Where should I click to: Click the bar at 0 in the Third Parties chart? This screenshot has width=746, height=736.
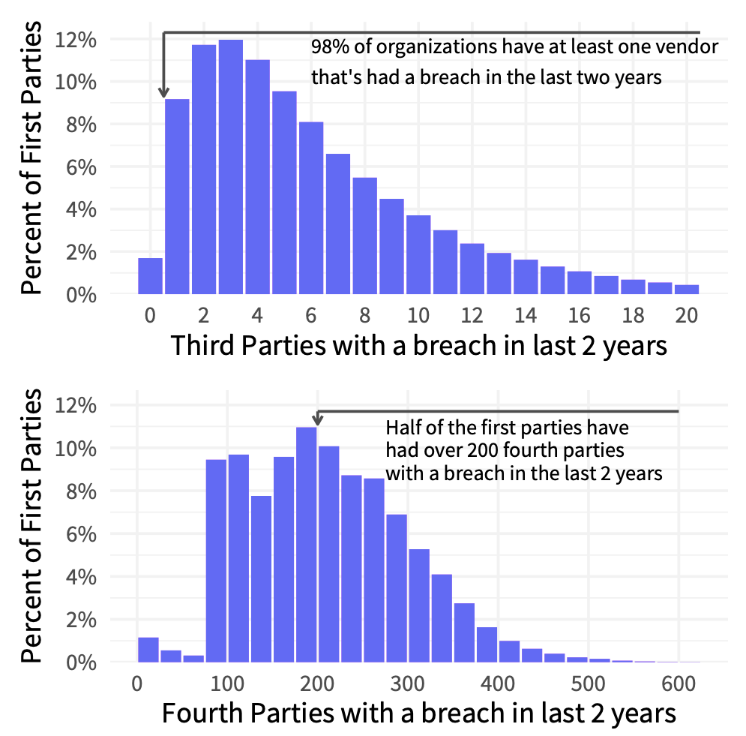[x=150, y=276]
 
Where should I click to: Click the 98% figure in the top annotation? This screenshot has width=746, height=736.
[x=327, y=48]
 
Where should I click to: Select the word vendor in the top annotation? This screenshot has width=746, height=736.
[x=691, y=48]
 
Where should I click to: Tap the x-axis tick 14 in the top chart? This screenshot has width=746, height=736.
[x=526, y=314]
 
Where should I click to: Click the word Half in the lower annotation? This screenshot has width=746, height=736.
[x=402, y=428]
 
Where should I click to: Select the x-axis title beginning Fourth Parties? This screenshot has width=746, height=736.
[x=418, y=713]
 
